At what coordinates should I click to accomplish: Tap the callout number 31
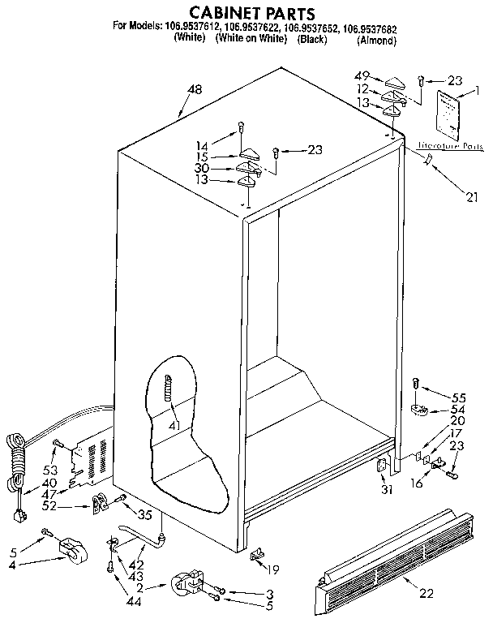pyautogui.click(x=384, y=489)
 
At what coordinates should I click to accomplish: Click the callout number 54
pyautogui.click(x=458, y=410)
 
